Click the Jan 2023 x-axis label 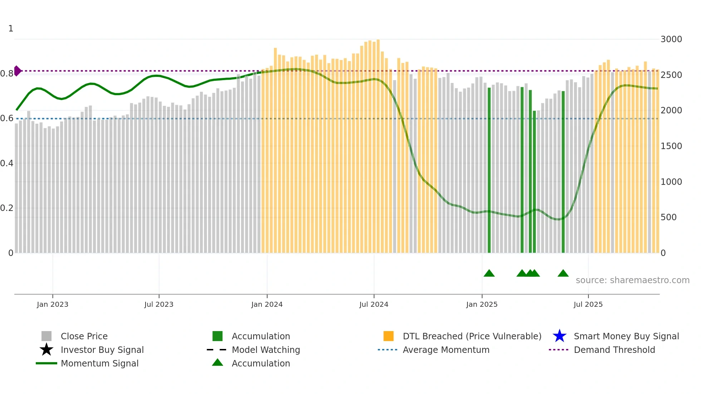pyautogui.click(x=53, y=304)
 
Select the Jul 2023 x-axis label pyautogui.click(x=159, y=304)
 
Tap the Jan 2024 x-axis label pyautogui.click(x=267, y=304)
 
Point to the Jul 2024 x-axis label pyautogui.click(x=374, y=304)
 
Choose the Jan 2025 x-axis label pyautogui.click(x=482, y=304)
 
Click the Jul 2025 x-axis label pyautogui.click(x=588, y=304)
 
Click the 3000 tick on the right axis pyautogui.click(x=671, y=39)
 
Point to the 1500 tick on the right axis pyautogui.click(x=671, y=146)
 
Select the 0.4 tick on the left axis pyautogui.click(x=7, y=163)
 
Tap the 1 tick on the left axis pyautogui.click(x=11, y=29)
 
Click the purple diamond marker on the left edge pyautogui.click(x=17, y=71)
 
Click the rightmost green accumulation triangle pyautogui.click(x=563, y=274)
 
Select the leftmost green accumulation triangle pyautogui.click(x=489, y=274)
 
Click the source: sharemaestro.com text pyautogui.click(x=632, y=280)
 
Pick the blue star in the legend pyautogui.click(x=559, y=336)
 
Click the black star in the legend pyautogui.click(x=46, y=350)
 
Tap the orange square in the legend pyautogui.click(x=388, y=336)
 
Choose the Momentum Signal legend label pyautogui.click(x=99, y=363)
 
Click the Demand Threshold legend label pyautogui.click(x=614, y=350)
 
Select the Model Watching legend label pyautogui.click(x=266, y=350)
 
